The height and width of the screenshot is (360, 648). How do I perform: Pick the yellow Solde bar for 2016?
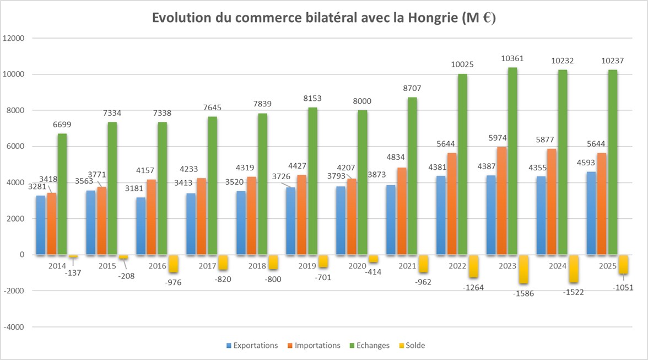point(174,264)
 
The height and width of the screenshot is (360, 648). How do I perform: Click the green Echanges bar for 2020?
point(363,182)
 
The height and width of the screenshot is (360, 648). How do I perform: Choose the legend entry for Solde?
point(415,346)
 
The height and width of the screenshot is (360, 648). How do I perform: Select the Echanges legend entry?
point(373,346)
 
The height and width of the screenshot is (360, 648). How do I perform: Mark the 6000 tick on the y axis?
point(16,147)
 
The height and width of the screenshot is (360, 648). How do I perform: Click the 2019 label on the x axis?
point(307,266)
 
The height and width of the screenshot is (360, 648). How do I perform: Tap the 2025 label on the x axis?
point(607,266)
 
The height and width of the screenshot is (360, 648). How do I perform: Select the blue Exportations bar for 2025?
point(592,213)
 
